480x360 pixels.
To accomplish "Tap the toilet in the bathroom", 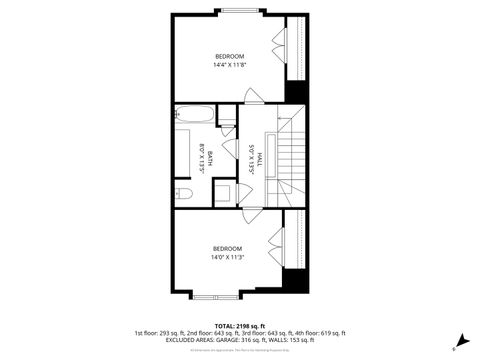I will pos(182,194).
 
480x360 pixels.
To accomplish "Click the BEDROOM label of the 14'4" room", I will pos(228,56).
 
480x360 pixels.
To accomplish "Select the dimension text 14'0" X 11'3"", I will pos(227,257).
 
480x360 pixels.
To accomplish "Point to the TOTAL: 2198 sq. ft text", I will pos(239,326).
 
